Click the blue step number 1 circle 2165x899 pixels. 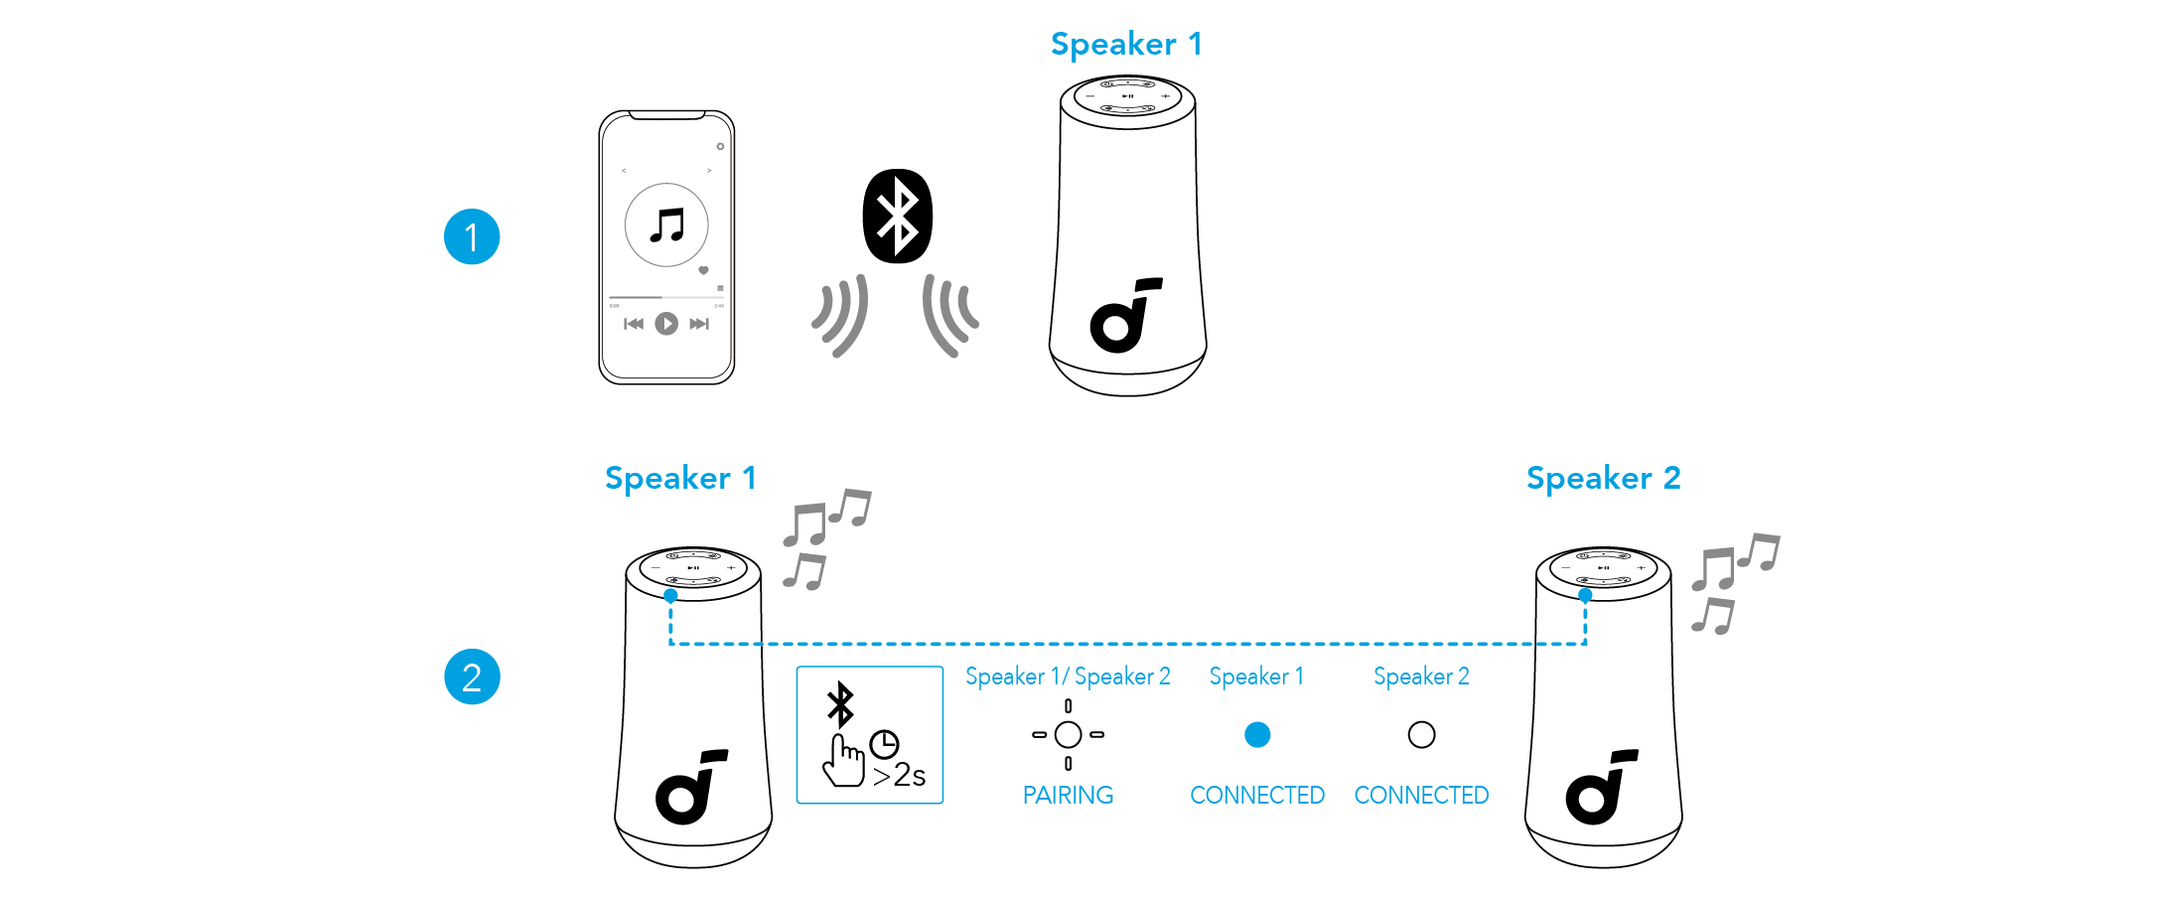coord(472,237)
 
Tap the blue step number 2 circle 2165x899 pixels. coord(472,677)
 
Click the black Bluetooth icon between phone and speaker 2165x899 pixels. coord(898,217)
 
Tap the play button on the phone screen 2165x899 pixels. coord(666,324)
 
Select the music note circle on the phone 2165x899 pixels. coord(666,225)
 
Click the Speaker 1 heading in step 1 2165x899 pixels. coord(1126,45)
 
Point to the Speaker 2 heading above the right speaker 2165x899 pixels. coord(1603,479)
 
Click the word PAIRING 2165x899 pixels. coord(1068,796)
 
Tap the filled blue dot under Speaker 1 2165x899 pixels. coord(1257,735)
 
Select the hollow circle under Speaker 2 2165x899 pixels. coord(1421,735)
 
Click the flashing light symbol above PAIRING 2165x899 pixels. coord(1068,735)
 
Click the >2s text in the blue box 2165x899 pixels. coord(900,776)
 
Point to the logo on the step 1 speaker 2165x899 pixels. coord(1125,316)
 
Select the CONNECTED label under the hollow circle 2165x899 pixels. coord(1421,796)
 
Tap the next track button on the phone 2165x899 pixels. coord(699,324)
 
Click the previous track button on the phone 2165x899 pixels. coord(634,324)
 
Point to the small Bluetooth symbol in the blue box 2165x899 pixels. coord(841,704)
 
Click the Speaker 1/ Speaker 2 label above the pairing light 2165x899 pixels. coord(1068,677)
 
